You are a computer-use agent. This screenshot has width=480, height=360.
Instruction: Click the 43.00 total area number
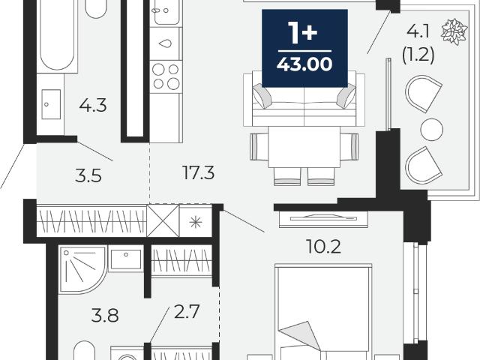coord(304,64)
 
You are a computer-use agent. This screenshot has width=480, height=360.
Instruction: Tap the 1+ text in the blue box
coord(304,31)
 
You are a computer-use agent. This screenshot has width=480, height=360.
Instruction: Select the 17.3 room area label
coord(198,172)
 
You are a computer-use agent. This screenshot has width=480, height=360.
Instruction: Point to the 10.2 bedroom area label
coord(323,246)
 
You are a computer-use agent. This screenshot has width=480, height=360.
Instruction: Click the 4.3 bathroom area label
coord(93,105)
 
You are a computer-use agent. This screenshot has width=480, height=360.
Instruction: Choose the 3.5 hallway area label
coord(88,176)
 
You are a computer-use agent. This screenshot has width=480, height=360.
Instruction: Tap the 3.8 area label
coord(105,315)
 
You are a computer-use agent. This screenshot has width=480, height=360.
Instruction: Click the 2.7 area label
coord(187,311)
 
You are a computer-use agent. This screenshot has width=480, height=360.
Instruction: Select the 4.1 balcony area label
coord(418,31)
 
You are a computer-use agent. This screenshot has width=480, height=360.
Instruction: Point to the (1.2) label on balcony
coord(418,55)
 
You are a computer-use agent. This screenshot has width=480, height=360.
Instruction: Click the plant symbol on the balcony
coord(454,31)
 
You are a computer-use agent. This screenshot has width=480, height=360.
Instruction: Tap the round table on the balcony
coord(432,130)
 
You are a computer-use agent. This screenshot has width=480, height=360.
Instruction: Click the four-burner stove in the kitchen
coord(166,76)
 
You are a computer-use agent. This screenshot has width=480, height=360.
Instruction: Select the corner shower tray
coord(82,269)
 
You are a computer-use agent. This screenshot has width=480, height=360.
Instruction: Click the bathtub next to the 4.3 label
coord(57,35)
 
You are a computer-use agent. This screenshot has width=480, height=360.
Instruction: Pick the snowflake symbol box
coord(196,221)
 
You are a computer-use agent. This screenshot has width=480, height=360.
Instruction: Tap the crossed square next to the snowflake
coord(163,221)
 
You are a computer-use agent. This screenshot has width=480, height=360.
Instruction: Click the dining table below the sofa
coord(304,147)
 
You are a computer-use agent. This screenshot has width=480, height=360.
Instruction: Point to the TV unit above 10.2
coord(323,219)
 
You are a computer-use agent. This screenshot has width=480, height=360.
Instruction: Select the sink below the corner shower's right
coord(126,259)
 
